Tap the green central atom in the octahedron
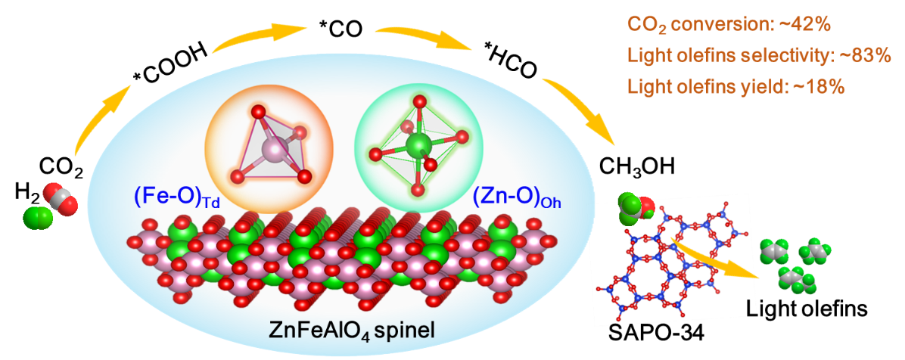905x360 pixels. pos(415,144)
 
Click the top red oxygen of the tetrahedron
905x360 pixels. pos(258,113)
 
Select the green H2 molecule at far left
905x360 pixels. pos(37,219)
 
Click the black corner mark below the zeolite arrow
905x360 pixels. pos(748,309)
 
